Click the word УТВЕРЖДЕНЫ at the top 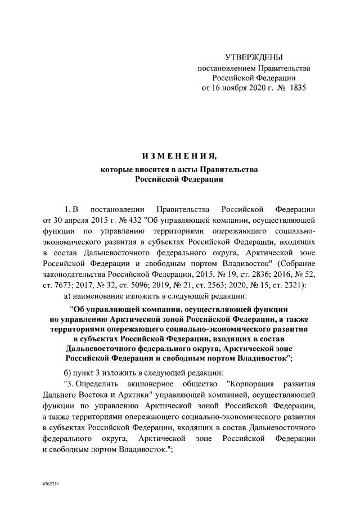(253, 57)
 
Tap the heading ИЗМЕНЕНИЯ (179, 155)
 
